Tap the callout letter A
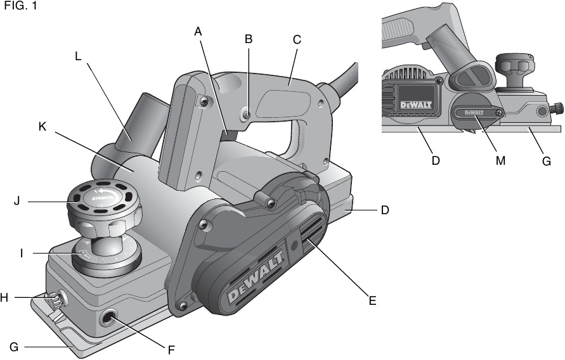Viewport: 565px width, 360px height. (198, 31)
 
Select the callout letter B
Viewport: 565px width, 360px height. (249, 39)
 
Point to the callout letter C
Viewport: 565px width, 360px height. (297, 39)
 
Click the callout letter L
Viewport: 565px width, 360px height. (77, 55)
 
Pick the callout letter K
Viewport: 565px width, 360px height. (42, 126)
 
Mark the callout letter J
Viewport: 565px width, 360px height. (17, 202)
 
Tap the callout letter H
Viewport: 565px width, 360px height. (4, 297)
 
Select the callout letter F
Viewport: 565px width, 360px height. (171, 349)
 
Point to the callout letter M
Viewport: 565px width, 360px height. (500, 160)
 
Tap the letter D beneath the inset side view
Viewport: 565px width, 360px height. (436, 160)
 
